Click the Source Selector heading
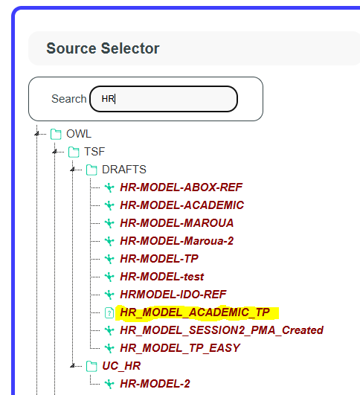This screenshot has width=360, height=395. [x=103, y=48]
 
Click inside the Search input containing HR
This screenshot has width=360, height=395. [x=164, y=99]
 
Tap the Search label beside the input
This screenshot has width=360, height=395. [x=68, y=99]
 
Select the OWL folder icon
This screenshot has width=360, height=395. [x=56, y=134]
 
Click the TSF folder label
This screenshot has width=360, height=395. [x=94, y=152]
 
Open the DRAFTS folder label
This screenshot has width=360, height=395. [x=124, y=170]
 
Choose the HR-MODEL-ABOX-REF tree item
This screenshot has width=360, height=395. [x=181, y=187]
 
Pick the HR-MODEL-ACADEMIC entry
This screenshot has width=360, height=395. [x=182, y=205]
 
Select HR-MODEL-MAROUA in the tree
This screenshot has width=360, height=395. [x=177, y=223]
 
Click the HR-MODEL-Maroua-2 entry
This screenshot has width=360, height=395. [x=177, y=241]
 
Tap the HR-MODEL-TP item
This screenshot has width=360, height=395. [x=159, y=259]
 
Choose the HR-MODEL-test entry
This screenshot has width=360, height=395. [x=162, y=277]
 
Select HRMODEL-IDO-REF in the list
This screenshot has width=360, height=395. [x=173, y=295]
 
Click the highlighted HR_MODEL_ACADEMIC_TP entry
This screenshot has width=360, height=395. [x=195, y=312]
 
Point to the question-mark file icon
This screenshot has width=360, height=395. [x=109, y=313]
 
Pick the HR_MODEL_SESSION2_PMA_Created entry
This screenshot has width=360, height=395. [x=222, y=330]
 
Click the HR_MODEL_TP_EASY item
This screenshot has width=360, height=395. [x=180, y=348]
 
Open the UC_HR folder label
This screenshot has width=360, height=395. [x=121, y=366]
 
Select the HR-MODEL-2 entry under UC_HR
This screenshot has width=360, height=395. [x=155, y=384]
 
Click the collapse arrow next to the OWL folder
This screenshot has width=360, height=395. [x=36, y=133]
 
